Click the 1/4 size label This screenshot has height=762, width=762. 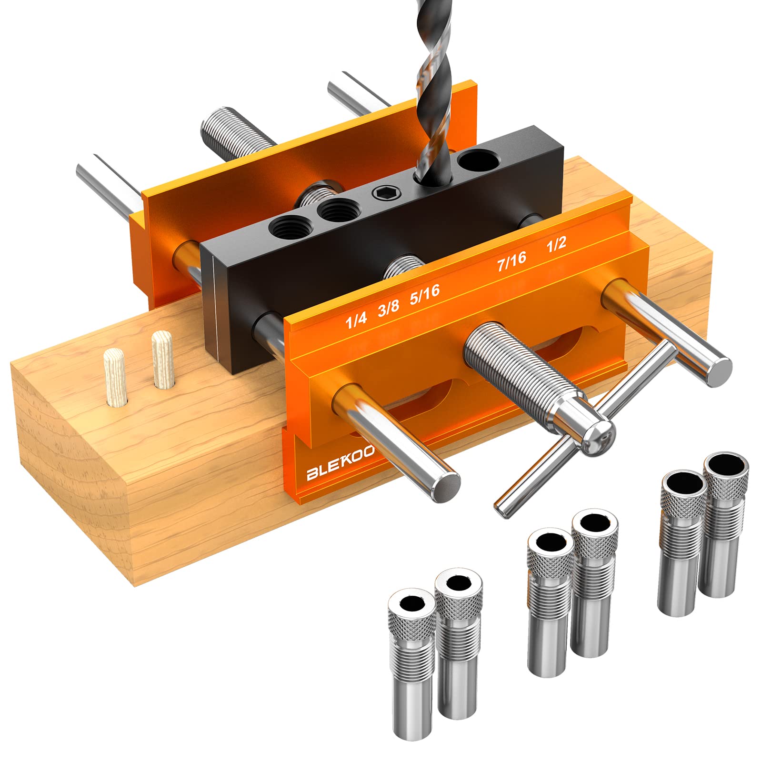(356, 321)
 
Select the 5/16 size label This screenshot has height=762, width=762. (424, 293)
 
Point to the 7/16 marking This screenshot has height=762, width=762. (511, 261)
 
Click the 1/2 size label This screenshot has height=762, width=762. (556, 243)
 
